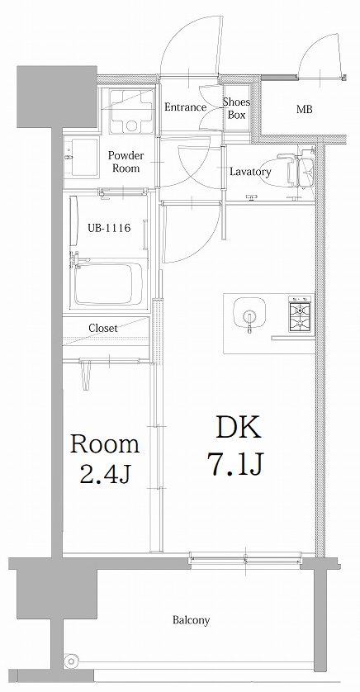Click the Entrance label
[x=185, y=107]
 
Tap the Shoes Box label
[x=236, y=108]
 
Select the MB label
[x=304, y=109]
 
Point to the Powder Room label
[x=126, y=162]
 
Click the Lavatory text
[x=250, y=172]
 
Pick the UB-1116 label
[x=109, y=228]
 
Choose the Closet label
[x=103, y=328]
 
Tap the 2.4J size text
[x=104, y=473]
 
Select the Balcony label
[x=191, y=620]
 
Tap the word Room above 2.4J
[x=104, y=444]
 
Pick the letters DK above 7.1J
[x=238, y=428]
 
